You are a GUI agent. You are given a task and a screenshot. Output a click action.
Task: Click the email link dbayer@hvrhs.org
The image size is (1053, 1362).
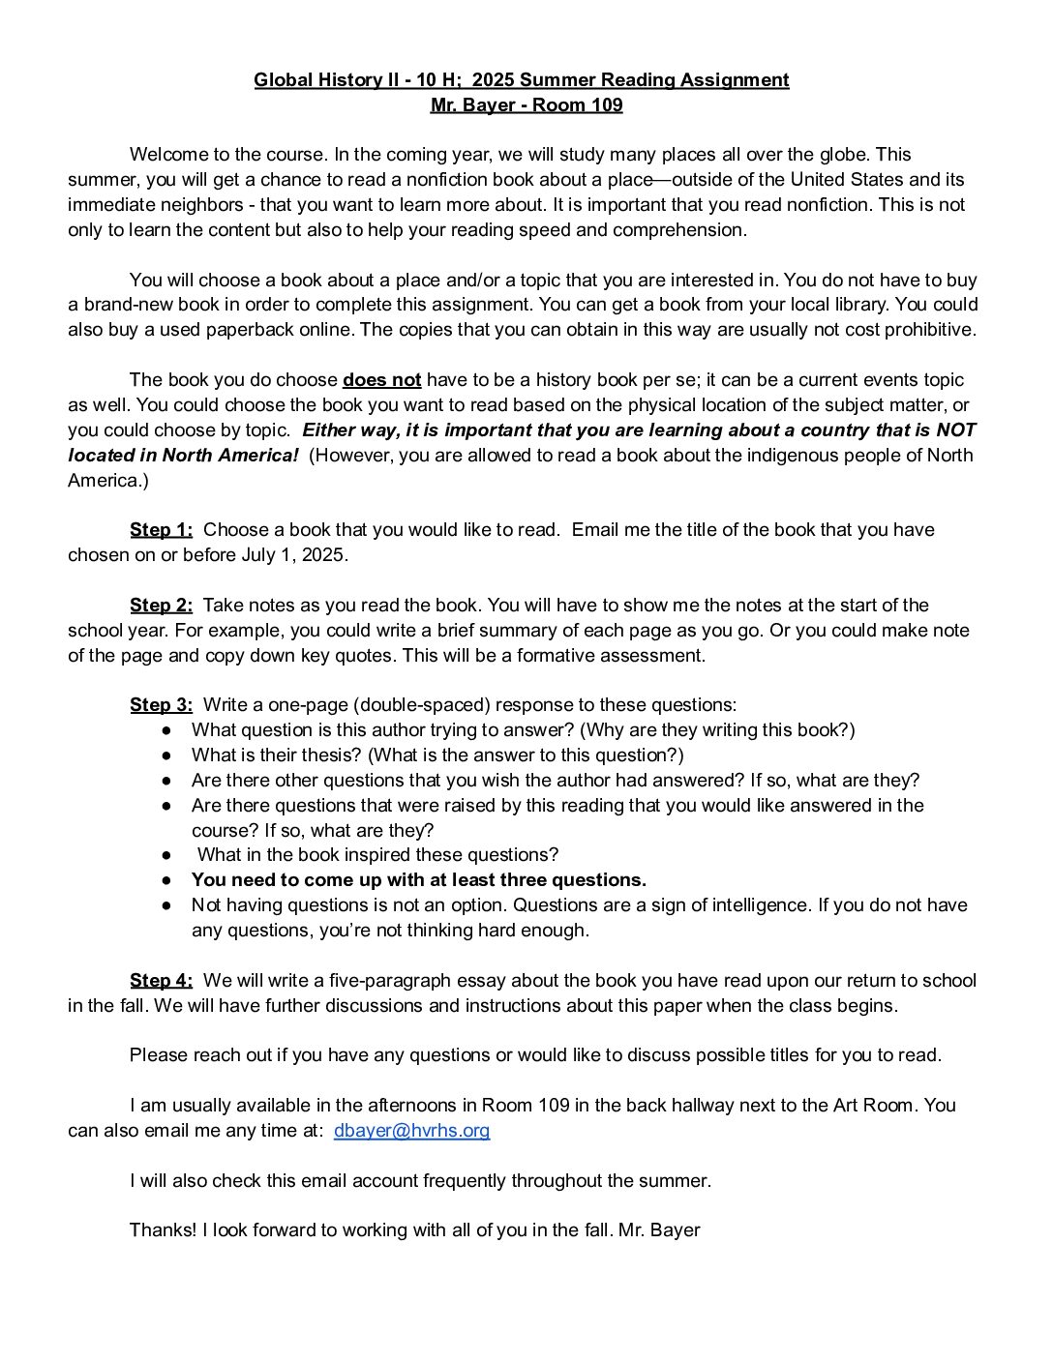pos(411,1130)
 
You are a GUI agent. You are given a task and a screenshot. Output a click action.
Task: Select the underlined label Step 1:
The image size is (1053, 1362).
pos(161,529)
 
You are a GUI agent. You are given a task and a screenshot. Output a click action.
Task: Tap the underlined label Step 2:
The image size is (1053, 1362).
pos(161,605)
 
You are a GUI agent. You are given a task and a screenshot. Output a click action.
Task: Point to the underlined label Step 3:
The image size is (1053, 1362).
pos(161,704)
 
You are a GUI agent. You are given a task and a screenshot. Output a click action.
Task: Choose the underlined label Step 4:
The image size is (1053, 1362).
pos(161,980)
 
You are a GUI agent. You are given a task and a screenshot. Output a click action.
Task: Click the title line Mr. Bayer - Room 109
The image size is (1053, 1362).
pos(526,104)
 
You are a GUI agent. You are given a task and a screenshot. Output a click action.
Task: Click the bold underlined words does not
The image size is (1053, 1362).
pos(381,379)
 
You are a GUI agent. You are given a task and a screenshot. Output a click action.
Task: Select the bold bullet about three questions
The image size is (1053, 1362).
pos(418,879)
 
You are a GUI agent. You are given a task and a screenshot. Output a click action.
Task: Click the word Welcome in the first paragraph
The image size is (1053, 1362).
pos(165,154)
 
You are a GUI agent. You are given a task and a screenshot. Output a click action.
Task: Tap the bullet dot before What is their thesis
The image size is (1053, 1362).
pos(167,755)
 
